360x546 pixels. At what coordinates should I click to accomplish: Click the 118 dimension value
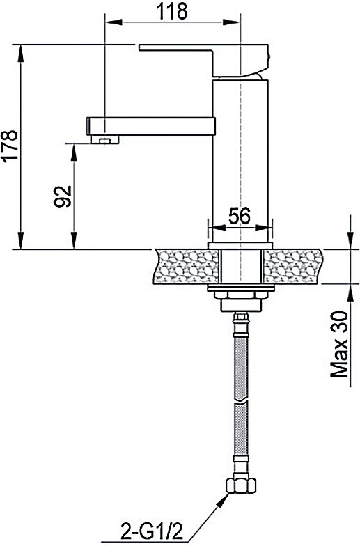tap(172, 11)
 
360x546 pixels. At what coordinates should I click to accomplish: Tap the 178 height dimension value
tap(10, 145)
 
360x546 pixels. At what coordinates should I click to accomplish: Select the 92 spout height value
tap(63, 196)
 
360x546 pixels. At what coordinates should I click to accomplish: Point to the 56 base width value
tap(240, 216)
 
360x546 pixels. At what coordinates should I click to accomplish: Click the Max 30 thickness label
tap(339, 344)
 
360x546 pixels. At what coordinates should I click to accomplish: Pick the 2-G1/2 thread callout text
tap(152, 532)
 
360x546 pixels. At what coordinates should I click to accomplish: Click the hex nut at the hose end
tap(241, 485)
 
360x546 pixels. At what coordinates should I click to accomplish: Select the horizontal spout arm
tap(150, 127)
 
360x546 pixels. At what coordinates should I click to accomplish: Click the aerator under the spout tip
tap(104, 140)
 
